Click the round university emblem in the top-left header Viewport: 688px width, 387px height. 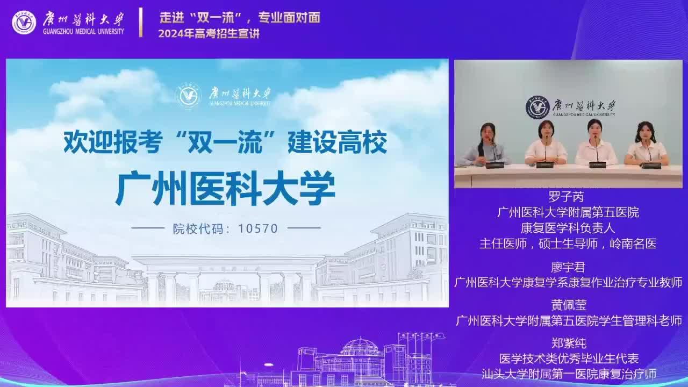[24, 23]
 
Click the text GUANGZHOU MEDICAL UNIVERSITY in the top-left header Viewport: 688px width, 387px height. [83, 31]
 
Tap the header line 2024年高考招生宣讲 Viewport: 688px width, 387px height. [209, 33]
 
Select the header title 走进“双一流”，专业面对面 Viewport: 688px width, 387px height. [240, 18]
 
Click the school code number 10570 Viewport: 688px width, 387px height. [258, 228]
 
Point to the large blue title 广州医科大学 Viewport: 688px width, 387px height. [225, 188]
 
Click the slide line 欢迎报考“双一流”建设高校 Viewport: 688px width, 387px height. [225, 142]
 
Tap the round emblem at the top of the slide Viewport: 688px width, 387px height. [188, 96]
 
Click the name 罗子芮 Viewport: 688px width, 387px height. [566, 197]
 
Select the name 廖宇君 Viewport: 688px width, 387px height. [568, 268]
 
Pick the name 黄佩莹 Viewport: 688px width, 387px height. [569, 305]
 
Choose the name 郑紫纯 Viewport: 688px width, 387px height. [569, 343]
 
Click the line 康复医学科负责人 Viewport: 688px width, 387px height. [568, 228]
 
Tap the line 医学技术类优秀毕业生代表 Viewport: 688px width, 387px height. [569, 359]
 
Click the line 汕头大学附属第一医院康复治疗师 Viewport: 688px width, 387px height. [569, 374]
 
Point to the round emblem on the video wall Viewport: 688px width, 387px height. [537, 107]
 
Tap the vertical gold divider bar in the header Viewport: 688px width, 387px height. [141, 23]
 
